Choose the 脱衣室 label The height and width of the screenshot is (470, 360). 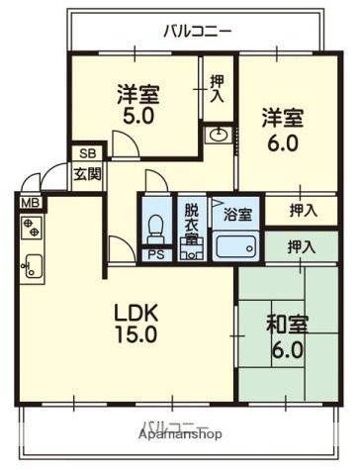(191, 227)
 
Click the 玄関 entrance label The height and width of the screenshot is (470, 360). (85, 175)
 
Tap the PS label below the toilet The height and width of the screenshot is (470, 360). (154, 254)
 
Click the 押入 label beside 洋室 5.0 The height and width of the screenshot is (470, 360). (218, 90)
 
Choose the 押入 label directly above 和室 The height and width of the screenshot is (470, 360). (303, 246)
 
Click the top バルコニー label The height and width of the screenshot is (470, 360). (198, 31)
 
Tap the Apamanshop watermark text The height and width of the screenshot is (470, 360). (180, 433)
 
